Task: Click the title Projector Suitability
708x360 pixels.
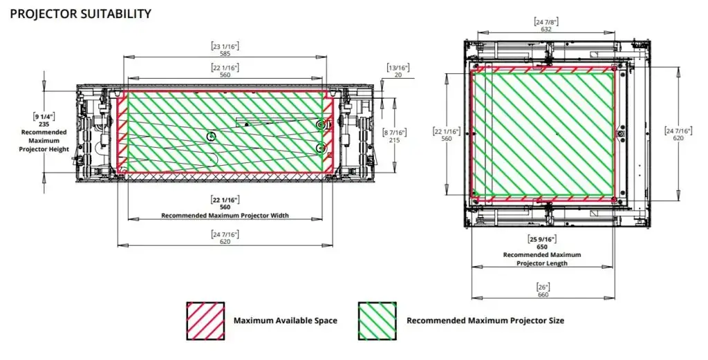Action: coord(80,13)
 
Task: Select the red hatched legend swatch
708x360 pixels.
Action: coord(205,321)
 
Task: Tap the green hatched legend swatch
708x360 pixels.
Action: coord(378,321)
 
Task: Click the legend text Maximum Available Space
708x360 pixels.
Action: coord(285,321)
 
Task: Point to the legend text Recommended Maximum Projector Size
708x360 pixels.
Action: coord(485,321)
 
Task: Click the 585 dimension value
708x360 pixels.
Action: coord(225,53)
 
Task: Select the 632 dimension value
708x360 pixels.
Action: coord(546,29)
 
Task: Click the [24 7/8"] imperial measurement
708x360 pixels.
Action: coord(546,21)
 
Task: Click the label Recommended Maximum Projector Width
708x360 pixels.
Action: coord(225,216)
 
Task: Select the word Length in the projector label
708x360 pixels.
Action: coord(557,263)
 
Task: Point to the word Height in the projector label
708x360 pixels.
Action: coord(58,149)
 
